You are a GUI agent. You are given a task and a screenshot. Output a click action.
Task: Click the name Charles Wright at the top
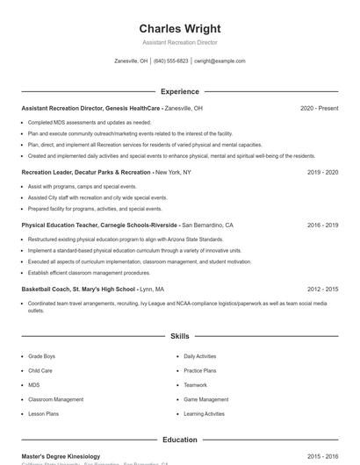coord(180,28)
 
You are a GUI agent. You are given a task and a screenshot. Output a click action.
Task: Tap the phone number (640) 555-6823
coord(171,61)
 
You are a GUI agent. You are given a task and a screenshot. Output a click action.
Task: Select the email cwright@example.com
coord(220,61)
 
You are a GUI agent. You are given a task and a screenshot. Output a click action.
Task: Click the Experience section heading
coord(180,91)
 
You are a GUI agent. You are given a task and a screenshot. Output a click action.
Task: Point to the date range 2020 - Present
coord(319,108)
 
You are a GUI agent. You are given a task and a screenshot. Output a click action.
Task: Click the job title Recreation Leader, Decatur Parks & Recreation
coord(86,173)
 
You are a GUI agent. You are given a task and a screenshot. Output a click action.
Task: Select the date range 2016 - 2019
coord(322,225)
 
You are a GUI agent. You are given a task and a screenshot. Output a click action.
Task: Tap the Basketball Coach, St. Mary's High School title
coord(78,289)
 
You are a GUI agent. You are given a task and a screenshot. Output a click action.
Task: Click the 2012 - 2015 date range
coord(322,289)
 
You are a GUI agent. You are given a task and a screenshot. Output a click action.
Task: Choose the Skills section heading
coord(180,336)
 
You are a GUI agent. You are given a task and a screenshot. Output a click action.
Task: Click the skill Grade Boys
coord(41,357)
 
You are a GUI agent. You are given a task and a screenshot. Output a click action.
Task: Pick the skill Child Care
coord(40,371)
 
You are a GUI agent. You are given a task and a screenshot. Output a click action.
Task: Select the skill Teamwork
coord(195,385)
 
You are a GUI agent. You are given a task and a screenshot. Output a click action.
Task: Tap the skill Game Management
coord(205,399)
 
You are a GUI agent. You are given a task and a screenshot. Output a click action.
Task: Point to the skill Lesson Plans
coord(43,413)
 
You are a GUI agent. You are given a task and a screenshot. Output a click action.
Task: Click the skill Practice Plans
coord(199,371)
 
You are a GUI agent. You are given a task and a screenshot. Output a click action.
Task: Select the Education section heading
coord(180,440)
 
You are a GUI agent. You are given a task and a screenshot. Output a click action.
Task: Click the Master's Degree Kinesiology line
coord(61,456)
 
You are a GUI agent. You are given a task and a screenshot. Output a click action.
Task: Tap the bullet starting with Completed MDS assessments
coord(89,123)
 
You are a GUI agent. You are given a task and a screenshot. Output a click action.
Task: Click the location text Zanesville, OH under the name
coord(131,61)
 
